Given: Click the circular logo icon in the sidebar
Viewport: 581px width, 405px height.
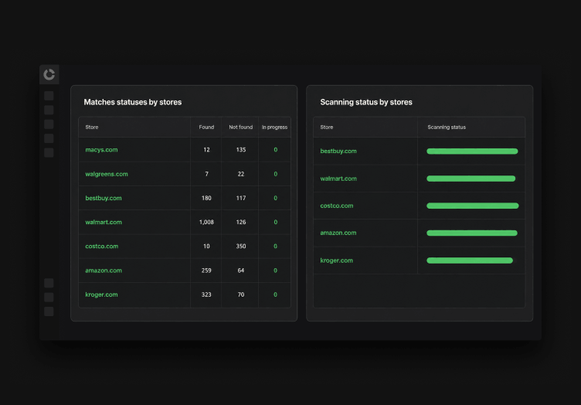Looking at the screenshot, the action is (x=49, y=74).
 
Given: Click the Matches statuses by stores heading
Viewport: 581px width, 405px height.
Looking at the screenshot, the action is (x=133, y=102).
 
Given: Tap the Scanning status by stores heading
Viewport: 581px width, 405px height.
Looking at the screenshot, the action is (x=366, y=102).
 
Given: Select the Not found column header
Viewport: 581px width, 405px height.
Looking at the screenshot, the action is (x=241, y=127).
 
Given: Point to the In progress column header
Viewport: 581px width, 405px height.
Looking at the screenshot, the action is (x=274, y=127).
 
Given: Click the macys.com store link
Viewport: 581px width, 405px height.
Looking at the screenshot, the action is (x=101, y=150).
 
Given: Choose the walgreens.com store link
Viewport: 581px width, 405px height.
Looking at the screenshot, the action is (x=107, y=174).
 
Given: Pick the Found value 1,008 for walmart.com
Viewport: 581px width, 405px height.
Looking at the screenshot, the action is (x=206, y=222).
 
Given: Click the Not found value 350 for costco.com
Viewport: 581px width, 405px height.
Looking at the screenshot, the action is (x=241, y=246).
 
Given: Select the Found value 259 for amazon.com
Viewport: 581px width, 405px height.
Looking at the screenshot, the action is (x=206, y=271).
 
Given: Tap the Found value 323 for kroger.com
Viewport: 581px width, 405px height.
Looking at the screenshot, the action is (x=206, y=294).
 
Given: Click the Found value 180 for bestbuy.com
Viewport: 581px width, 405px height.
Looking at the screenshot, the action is (x=206, y=198).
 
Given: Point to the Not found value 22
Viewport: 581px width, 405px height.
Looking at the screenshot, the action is (x=241, y=174).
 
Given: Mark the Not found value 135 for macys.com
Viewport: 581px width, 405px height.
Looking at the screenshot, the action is (x=241, y=150).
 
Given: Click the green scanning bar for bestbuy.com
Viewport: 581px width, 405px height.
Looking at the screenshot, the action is (x=472, y=151).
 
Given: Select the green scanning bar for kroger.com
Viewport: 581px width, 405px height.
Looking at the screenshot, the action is (x=470, y=260).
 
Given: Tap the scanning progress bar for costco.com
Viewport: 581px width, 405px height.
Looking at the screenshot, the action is (x=472, y=206).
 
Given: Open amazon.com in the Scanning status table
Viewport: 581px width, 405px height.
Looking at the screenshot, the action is (x=338, y=233).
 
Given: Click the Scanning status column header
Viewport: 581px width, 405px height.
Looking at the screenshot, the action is (x=447, y=127).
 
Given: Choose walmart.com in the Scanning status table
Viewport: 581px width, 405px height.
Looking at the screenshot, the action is (x=338, y=179).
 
